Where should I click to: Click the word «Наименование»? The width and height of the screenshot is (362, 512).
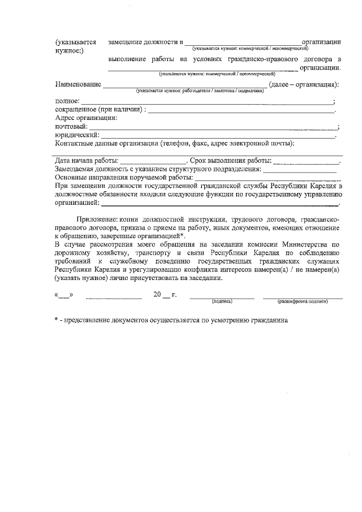77,85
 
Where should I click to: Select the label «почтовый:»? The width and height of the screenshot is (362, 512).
71,127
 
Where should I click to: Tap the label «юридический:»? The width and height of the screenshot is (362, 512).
77,135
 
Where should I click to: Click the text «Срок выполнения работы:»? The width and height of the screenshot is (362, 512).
230,161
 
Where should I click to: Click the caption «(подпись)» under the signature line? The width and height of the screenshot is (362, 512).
222,302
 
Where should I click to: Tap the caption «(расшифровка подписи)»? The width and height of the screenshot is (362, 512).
303,302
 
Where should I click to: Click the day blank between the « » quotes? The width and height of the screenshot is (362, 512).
64,295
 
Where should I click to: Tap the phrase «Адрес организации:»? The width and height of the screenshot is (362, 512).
86,118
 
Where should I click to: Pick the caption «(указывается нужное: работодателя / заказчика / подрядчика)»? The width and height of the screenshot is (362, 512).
200,91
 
